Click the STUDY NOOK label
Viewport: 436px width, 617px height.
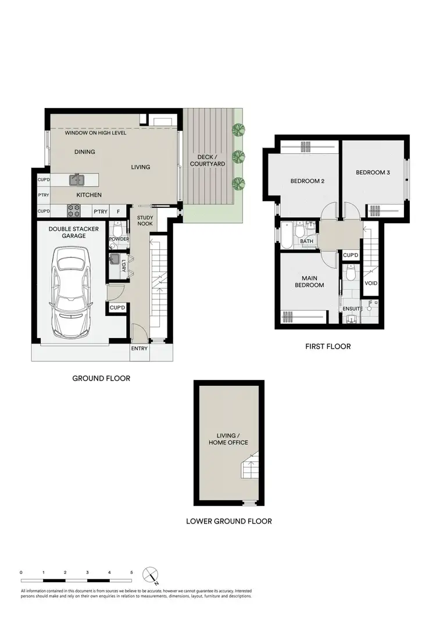(x=145, y=220)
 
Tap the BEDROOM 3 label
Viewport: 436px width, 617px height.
(x=373, y=173)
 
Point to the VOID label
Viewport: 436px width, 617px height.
(x=371, y=283)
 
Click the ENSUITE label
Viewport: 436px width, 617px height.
(x=353, y=308)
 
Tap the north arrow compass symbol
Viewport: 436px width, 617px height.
(x=152, y=575)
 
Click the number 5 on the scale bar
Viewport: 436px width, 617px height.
(x=132, y=572)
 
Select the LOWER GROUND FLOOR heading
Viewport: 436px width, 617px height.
(x=228, y=521)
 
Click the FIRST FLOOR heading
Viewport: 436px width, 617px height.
(x=328, y=346)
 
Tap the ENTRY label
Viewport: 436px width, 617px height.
(x=140, y=348)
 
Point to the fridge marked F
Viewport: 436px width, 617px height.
(x=118, y=211)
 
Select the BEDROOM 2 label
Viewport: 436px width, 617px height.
(x=307, y=181)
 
